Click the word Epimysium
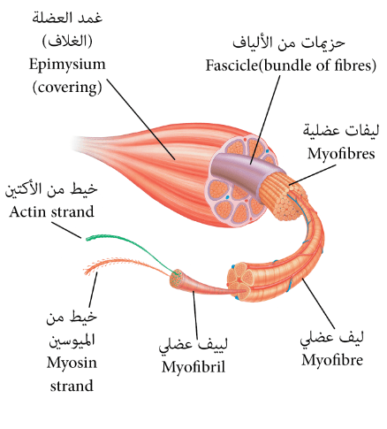pyautogui.click(x=67, y=65)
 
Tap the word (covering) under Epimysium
pyautogui.click(x=67, y=88)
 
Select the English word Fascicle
pyautogui.click(x=231, y=65)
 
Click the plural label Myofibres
pyautogui.click(x=341, y=154)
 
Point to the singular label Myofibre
pyautogui.click(x=332, y=360)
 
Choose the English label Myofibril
pyautogui.click(x=193, y=367)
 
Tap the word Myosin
pyautogui.click(x=72, y=363)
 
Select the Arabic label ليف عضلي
pyautogui.click(x=332, y=338)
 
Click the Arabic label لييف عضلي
pyautogui.click(x=193, y=345)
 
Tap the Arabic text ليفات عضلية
pyautogui.click(x=341, y=131)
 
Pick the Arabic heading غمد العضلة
pyautogui.click(x=67, y=19)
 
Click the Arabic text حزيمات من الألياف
pyautogui.click(x=289, y=42)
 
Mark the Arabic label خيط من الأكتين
pyautogui.click(x=51, y=189)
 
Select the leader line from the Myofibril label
pyautogui.click(x=195, y=313)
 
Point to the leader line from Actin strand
pyautogui.click(x=66, y=230)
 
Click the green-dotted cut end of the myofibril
pyautogui.click(x=177, y=276)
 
